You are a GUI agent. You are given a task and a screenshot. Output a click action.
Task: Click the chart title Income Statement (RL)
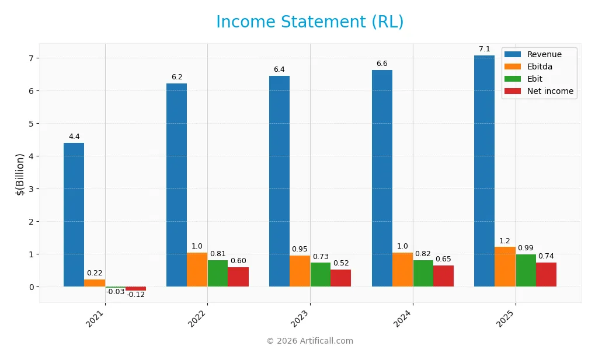(309, 22)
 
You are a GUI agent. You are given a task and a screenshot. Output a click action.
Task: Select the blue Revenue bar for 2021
(74, 215)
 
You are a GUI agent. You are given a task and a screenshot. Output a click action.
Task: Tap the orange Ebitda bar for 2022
(197, 270)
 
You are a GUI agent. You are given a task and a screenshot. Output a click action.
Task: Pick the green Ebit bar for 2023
(320, 274)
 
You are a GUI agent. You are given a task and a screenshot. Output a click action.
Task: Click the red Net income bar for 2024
(443, 276)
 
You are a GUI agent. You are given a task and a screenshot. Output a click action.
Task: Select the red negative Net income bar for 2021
(135, 289)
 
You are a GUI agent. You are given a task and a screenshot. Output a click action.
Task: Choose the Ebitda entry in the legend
(540, 67)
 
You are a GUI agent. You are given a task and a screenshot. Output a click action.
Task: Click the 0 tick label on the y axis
(32, 287)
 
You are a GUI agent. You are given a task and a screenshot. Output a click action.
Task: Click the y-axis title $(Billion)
(20, 174)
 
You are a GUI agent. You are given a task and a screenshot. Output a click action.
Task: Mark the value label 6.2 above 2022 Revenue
(177, 77)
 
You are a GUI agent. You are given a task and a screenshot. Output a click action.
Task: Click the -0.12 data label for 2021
(136, 295)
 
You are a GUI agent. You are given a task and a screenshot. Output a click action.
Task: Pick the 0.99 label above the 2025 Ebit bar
(526, 248)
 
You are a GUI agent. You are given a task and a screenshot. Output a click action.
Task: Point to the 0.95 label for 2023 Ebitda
(300, 249)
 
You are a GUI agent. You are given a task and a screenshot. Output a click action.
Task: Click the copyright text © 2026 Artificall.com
(309, 341)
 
